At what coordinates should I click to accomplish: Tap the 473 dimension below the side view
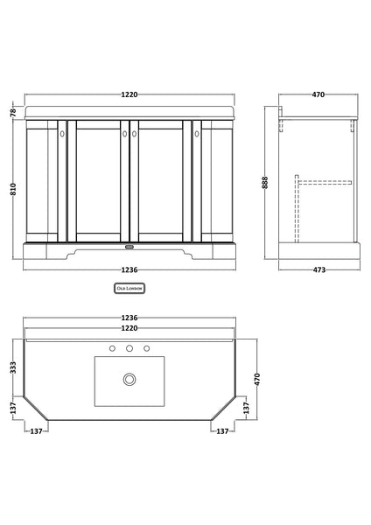click(319, 269)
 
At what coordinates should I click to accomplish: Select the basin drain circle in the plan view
click(129, 379)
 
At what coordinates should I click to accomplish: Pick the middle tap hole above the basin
click(129, 349)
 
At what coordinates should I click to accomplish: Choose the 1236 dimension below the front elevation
click(129, 269)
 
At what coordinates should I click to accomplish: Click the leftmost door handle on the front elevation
click(62, 135)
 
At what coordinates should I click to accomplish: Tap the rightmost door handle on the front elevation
click(197, 135)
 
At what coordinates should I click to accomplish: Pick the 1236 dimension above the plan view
click(129, 318)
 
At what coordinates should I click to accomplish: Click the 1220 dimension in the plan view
click(129, 329)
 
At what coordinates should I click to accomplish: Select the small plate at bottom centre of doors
click(129, 235)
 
